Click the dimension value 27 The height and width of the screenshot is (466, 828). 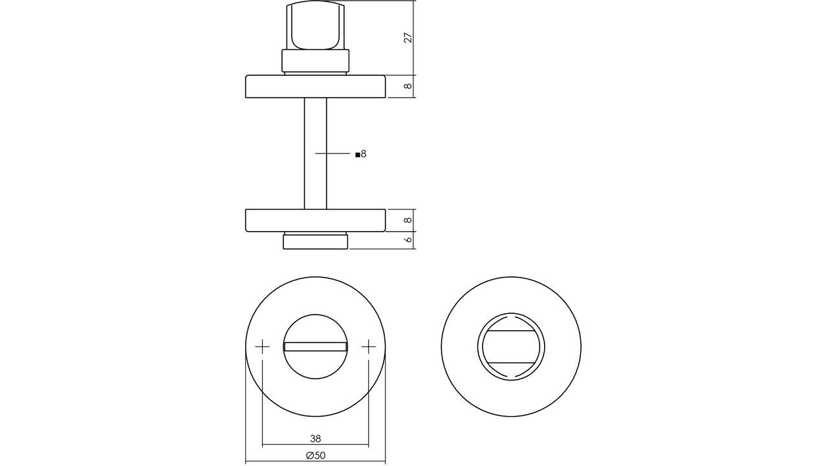tap(408, 38)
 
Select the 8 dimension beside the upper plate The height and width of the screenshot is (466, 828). tap(408, 87)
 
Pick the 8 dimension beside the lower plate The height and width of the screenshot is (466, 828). tap(408, 221)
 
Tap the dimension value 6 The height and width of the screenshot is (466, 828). tap(408, 240)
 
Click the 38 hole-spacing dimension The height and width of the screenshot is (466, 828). tap(316, 437)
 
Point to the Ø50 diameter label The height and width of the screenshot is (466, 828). tap(316, 456)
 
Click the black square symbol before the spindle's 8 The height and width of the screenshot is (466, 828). tap(357, 155)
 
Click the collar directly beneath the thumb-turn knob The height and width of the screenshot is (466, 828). tap(316, 61)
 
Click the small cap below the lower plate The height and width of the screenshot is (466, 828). tap(316, 242)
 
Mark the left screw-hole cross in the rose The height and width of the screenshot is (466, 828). tap(262, 347)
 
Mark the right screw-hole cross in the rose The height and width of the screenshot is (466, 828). tap(369, 347)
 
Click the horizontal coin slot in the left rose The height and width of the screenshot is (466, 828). tap(316, 347)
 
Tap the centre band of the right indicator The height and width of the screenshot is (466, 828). tap(511, 347)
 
